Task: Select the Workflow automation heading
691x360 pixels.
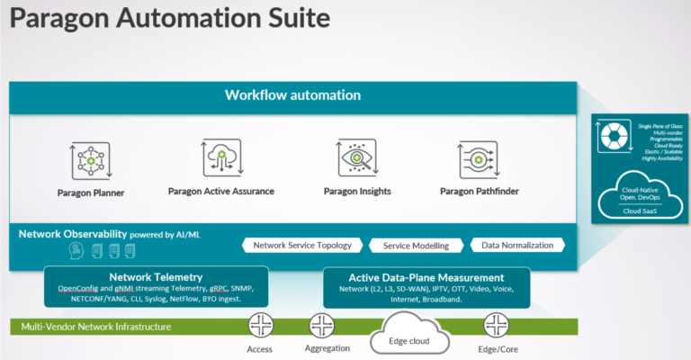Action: (292, 94)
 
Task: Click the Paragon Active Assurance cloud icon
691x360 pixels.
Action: (220, 157)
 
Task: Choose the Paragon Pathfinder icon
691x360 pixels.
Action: (480, 158)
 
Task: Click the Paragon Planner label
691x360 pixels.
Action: (92, 193)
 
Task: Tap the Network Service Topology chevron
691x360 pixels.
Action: (302, 245)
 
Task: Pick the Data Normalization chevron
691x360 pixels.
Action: (518, 245)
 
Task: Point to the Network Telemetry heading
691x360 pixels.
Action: (156, 277)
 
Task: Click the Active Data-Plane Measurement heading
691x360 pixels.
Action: (426, 277)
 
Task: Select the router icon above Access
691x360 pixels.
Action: (260, 325)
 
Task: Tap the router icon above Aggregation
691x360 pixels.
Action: (322, 325)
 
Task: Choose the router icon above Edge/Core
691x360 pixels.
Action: (497, 325)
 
